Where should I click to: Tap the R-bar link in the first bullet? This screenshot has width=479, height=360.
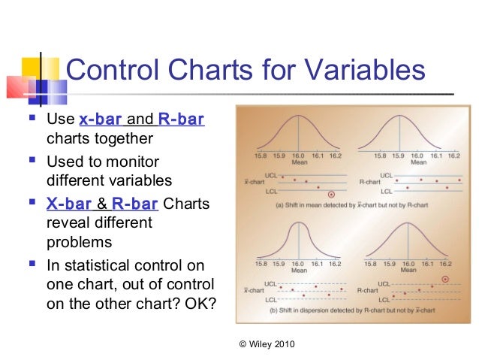point(181,119)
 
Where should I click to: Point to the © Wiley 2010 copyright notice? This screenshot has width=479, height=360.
point(266,344)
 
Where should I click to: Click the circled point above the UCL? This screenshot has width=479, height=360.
point(445,279)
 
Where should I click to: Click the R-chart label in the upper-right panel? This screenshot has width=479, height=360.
point(367,181)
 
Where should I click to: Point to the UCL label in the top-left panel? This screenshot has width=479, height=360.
point(260,174)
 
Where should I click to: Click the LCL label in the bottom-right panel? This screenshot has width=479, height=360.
point(384,299)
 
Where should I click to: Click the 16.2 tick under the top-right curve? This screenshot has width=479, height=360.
point(453,155)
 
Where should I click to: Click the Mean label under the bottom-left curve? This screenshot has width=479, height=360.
point(298,273)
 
